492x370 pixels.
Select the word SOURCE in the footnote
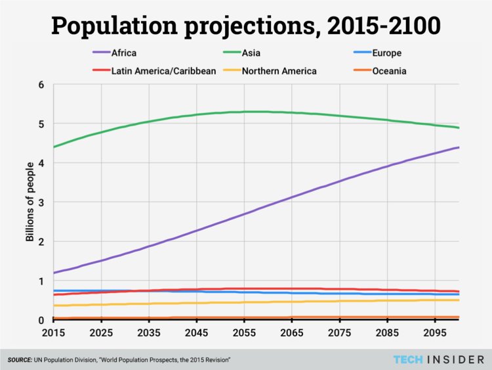click(x=22, y=359)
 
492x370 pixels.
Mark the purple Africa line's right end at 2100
click(x=459, y=147)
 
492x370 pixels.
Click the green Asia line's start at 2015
click(x=54, y=147)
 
